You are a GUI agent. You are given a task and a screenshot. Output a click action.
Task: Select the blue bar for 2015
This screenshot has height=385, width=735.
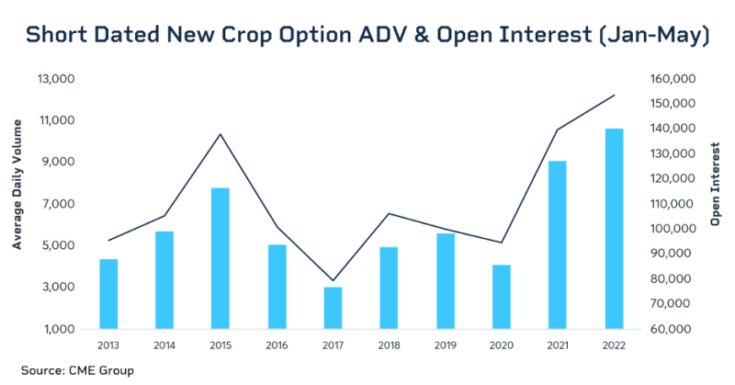220,258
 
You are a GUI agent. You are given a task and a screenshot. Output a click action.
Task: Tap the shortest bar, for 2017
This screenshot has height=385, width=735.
332,308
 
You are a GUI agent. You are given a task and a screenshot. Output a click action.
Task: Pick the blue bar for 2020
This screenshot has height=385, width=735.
502,297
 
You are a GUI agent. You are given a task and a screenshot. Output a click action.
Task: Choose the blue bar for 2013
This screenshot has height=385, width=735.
108,294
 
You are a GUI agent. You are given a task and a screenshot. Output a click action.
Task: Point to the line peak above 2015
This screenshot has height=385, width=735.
220,134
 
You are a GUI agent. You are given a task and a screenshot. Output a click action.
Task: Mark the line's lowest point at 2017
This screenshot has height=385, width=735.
332,280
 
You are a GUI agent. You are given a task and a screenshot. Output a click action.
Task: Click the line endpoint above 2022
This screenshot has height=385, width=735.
614,95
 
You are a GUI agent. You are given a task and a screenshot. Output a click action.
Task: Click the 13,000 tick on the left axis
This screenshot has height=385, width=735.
56,79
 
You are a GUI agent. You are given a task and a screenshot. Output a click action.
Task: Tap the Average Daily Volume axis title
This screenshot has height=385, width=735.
17,204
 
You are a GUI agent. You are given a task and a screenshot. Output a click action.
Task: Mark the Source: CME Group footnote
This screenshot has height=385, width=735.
78,370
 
